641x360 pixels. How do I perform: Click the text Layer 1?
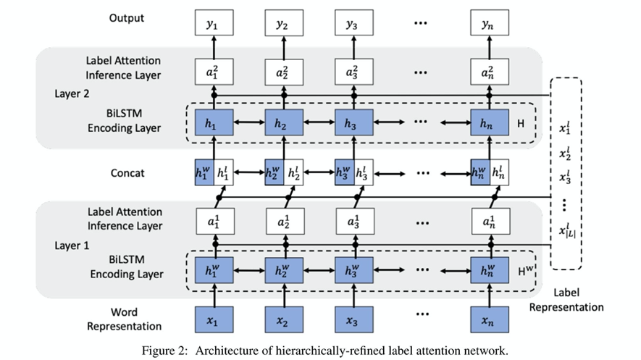[x=72, y=246]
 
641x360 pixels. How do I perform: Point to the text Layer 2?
[x=72, y=94]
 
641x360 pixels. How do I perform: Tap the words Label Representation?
[x=566, y=300]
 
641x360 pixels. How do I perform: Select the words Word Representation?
[x=125, y=319]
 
